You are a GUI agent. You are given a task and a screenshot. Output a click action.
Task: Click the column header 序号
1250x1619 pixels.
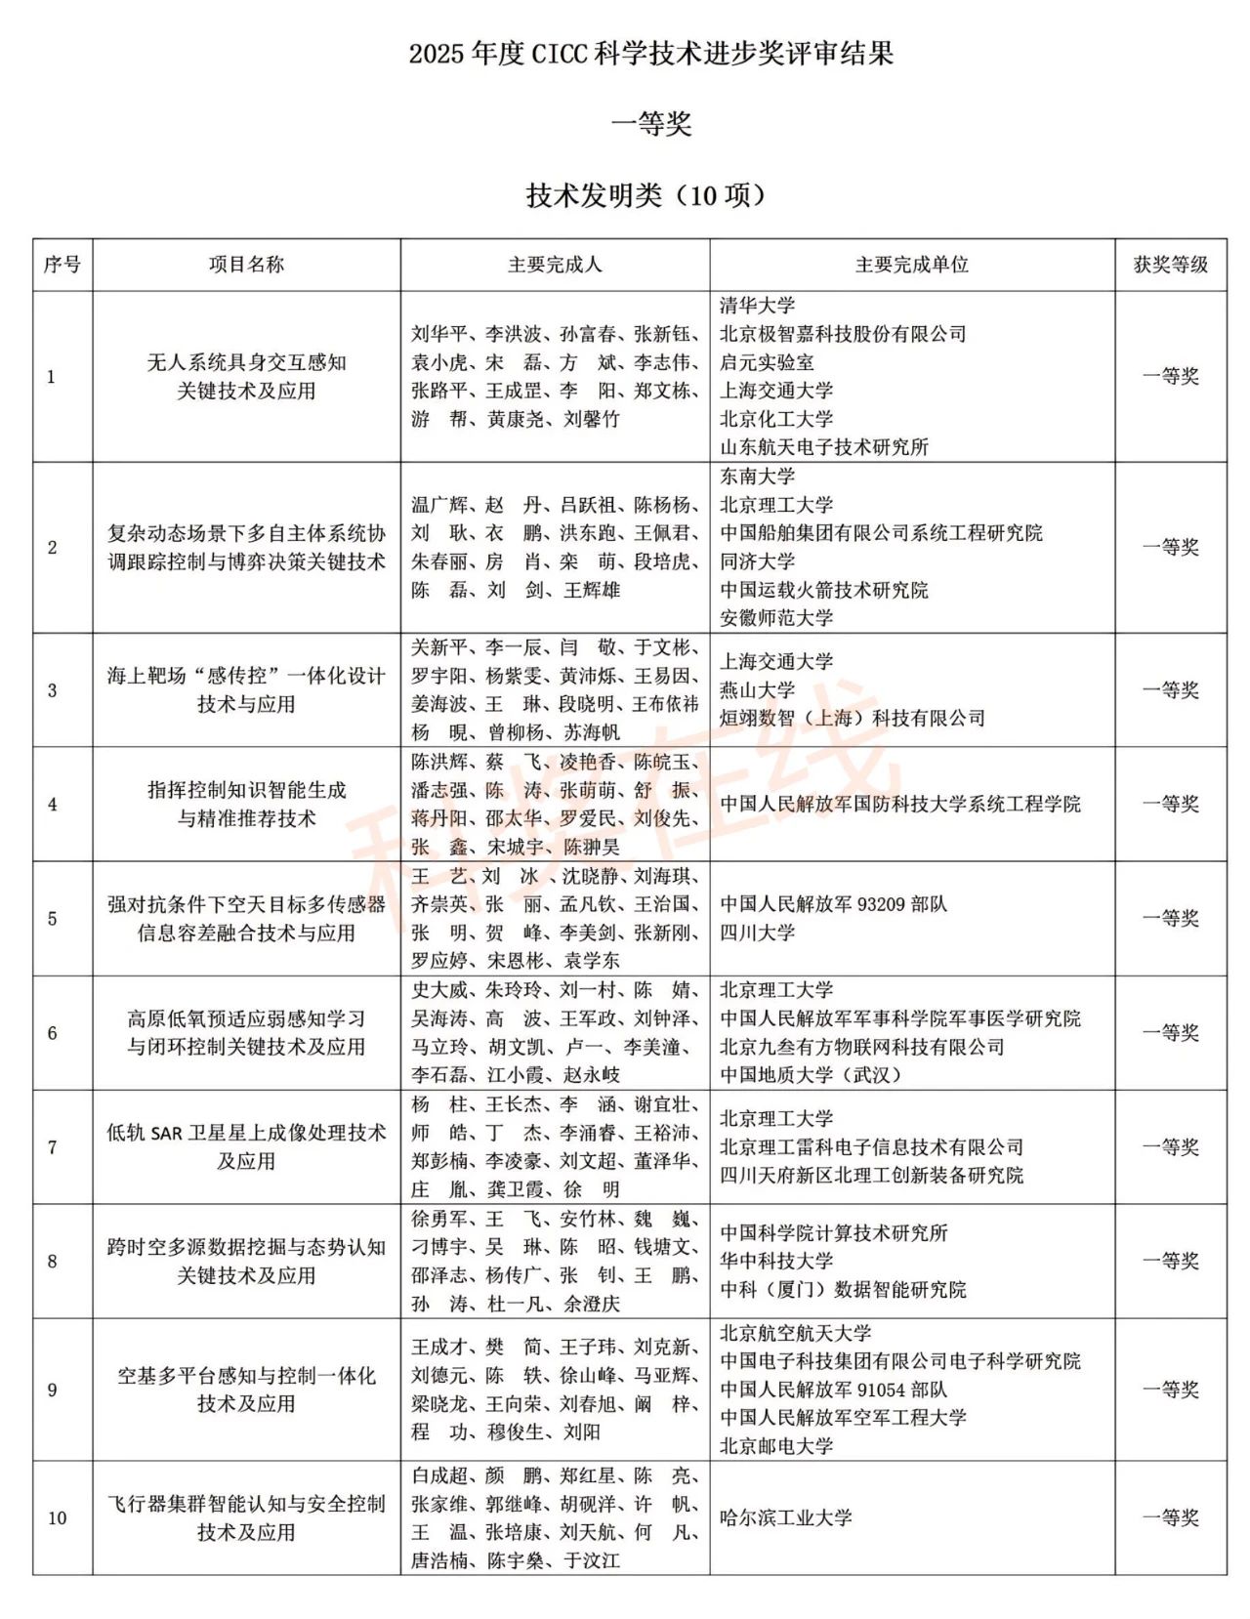(x=62, y=265)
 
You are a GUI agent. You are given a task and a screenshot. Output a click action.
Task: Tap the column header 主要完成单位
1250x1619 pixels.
(x=911, y=265)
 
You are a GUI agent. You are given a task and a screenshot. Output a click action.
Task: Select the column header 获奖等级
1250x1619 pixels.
(x=1170, y=265)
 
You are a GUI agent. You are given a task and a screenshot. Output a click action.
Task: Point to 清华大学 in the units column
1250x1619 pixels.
(x=758, y=306)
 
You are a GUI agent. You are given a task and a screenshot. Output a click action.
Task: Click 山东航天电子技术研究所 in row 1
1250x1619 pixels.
(x=824, y=447)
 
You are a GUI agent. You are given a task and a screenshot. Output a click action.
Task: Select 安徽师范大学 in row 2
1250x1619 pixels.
(x=776, y=618)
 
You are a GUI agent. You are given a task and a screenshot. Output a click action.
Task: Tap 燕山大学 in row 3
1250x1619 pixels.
(x=758, y=690)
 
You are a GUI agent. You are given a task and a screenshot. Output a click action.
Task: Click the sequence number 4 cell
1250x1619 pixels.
(x=53, y=805)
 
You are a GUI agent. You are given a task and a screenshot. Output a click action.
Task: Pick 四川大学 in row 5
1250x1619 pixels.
(x=758, y=933)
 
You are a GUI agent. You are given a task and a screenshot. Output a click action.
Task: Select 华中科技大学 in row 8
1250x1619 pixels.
(x=776, y=1262)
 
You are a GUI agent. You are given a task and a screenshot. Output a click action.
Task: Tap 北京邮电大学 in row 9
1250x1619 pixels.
(x=776, y=1446)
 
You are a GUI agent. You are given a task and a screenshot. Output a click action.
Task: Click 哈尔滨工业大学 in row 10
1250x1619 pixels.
(x=786, y=1518)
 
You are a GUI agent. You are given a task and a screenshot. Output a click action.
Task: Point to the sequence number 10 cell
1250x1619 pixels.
(x=58, y=1518)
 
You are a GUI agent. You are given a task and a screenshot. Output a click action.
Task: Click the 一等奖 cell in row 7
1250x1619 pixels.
(x=1170, y=1147)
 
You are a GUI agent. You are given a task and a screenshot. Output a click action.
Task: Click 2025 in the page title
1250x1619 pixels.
(x=437, y=54)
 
